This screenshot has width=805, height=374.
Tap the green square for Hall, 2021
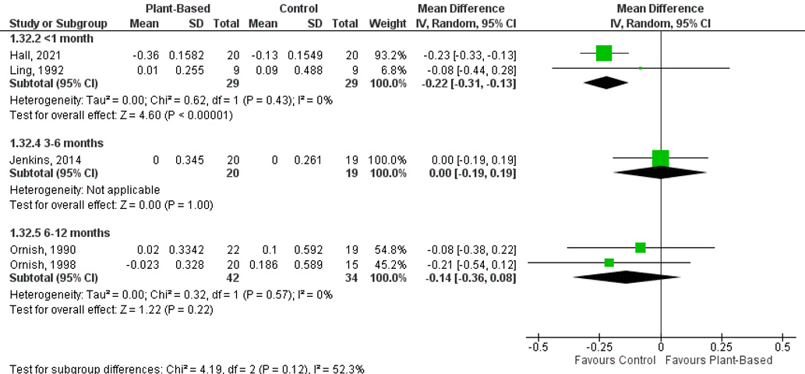(603, 53)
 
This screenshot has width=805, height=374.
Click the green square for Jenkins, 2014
(660, 158)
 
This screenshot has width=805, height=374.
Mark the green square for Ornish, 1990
(641, 248)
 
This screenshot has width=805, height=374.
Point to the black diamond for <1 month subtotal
(606, 82)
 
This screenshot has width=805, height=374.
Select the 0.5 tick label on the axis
(782, 346)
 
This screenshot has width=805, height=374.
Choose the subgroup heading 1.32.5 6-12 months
(59, 233)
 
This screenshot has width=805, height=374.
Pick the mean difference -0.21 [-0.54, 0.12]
(469, 263)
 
